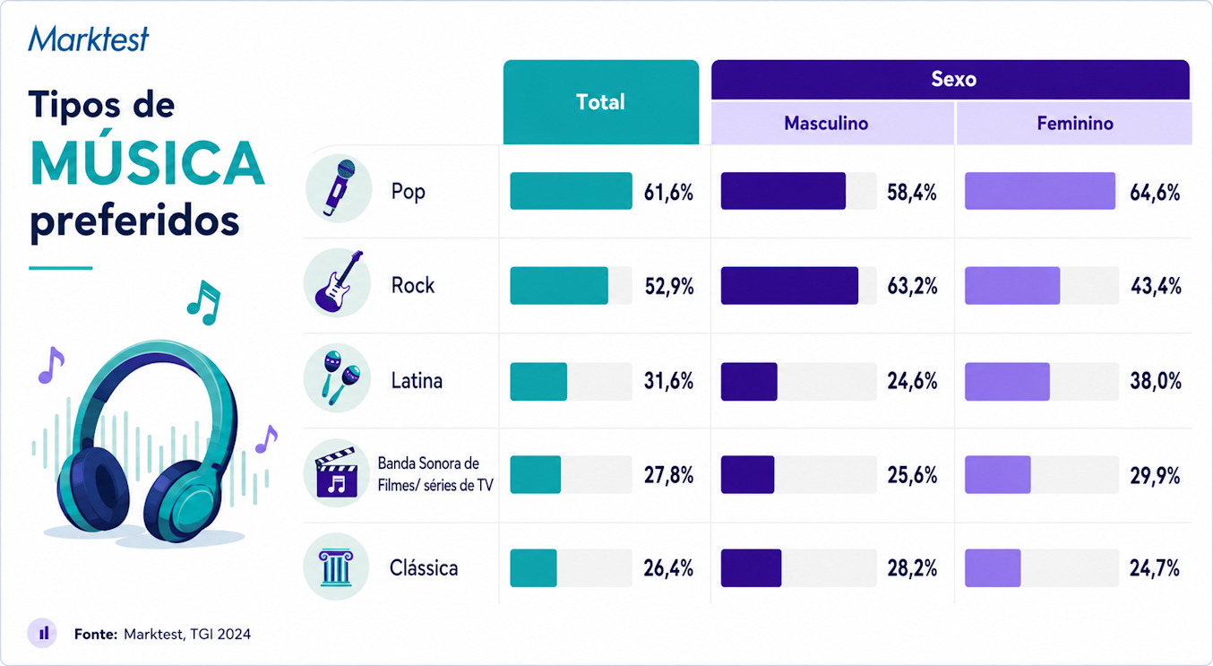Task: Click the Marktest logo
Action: [89, 39]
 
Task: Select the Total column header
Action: [601, 102]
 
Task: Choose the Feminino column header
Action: [1074, 123]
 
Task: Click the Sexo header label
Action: [953, 79]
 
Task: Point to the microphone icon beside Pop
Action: [339, 187]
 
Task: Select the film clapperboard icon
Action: [336, 472]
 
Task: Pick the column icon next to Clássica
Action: [336, 567]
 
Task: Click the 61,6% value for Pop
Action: [668, 193]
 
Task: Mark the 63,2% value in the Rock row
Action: [912, 286]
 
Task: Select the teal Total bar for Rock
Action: [559, 286]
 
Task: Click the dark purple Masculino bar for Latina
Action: [749, 382]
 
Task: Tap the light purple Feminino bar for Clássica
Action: [993, 568]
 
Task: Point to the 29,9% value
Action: [1155, 476]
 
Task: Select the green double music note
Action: [204, 302]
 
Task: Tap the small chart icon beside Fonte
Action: [42, 633]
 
